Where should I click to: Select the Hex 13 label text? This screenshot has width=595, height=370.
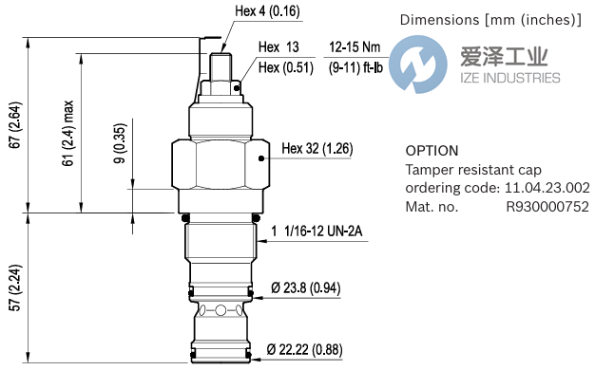(x=278, y=47)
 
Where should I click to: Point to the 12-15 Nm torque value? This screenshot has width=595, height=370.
(x=355, y=46)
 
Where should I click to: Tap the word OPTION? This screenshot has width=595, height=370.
(x=432, y=151)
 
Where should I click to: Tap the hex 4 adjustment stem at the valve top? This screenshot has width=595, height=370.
(x=220, y=66)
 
